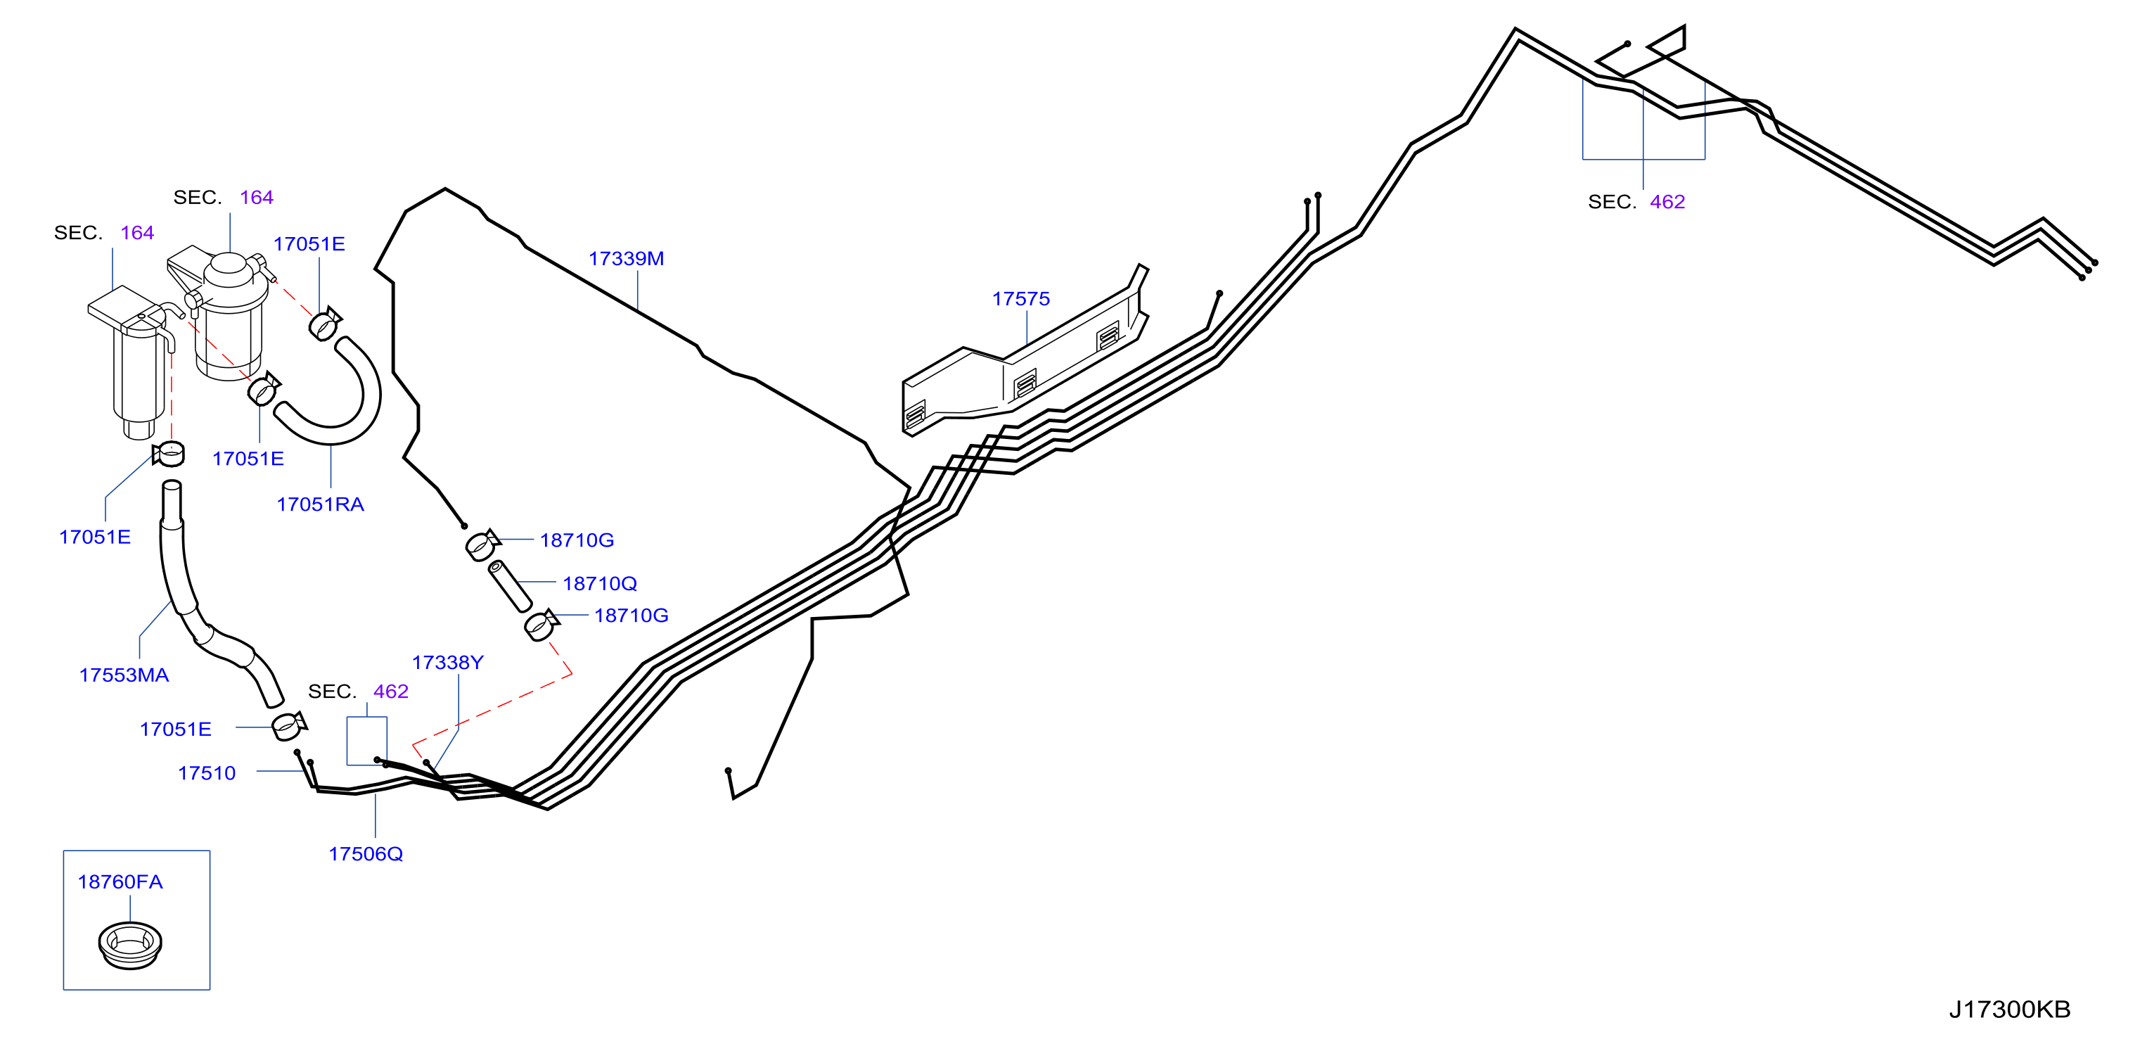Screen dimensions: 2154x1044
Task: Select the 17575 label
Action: pyautogui.click(x=1020, y=299)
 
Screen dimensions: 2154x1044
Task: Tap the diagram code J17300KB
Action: pyautogui.click(x=2009, y=1009)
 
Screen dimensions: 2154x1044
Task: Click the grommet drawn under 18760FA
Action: pyautogui.click(x=129, y=946)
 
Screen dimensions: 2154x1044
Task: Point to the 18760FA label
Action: pyautogui.click(x=120, y=881)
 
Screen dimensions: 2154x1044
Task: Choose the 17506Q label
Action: pyautogui.click(x=366, y=853)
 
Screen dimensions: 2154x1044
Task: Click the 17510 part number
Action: pyautogui.click(x=207, y=773)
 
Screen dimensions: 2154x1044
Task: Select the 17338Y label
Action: pyautogui.click(x=447, y=663)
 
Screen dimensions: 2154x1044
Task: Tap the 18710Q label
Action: pyautogui.click(x=600, y=583)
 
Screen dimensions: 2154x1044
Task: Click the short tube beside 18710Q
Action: pyautogui.click(x=510, y=587)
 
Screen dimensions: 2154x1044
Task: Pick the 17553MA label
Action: pyautogui.click(x=124, y=675)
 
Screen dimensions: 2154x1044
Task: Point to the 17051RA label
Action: pyautogui.click(x=320, y=504)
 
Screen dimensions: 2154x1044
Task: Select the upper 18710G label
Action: pyautogui.click(x=577, y=540)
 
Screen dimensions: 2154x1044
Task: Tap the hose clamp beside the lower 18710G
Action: pyautogui.click(x=541, y=625)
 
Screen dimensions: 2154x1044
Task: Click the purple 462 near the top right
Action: pyautogui.click(x=1667, y=202)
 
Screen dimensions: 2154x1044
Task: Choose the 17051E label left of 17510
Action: pyautogui.click(x=176, y=730)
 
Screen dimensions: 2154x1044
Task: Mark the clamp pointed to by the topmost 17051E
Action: pyautogui.click(x=324, y=324)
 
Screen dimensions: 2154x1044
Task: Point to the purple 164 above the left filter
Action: pyautogui.click(x=137, y=233)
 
